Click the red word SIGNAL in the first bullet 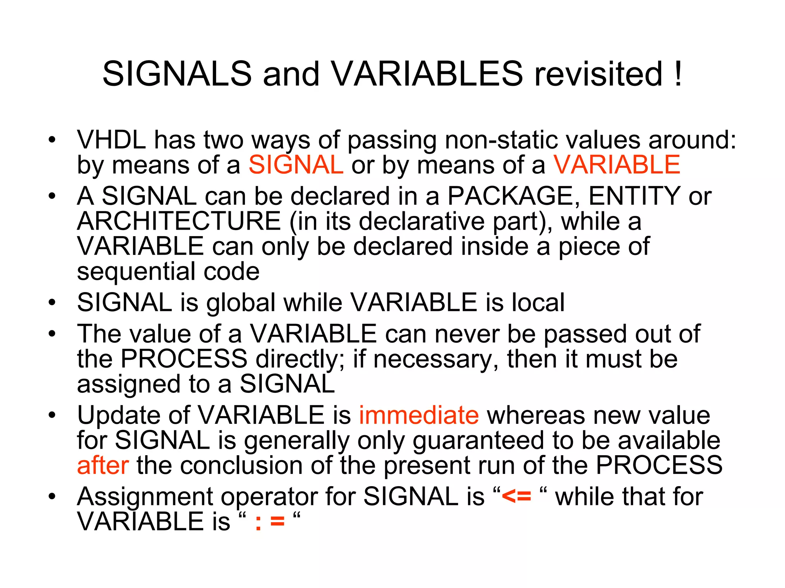pyautogui.click(x=296, y=165)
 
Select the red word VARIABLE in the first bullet pyautogui.click(x=616, y=165)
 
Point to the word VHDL pyautogui.click(x=112, y=140)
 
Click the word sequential pyautogui.click(x=136, y=272)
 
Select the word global pyautogui.click(x=241, y=302)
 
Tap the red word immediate pyautogui.click(x=419, y=415)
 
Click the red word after pyautogui.click(x=103, y=465)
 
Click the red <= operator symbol pyautogui.click(x=516, y=497)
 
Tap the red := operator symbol pyautogui.click(x=270, y=522)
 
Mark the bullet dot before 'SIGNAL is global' pyautogui.click(x=52, y=303)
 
